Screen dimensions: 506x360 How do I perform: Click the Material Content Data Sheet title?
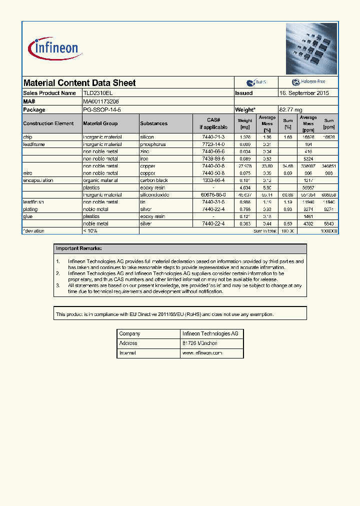tap(79, 83)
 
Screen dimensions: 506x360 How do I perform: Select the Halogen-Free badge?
tap(307, 82)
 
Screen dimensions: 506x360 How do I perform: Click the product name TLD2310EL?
tap(101, 93)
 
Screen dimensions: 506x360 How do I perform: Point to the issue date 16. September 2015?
tap(303, 93)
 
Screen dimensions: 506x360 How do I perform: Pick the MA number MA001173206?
tap(101, 101)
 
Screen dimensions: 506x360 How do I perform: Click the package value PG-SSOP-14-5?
tap(102, 109)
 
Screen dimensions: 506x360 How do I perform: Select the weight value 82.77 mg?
tap(290, 109)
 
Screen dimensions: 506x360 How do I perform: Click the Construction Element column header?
tap(48, 123)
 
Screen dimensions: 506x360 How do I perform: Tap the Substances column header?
tap(154, 123)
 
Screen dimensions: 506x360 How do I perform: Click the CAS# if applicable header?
tap(213, 123)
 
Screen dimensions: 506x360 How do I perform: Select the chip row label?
tap(28, 136)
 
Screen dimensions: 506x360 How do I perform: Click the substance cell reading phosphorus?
tap(152, 144)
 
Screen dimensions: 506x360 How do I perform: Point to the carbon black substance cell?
tap(153, 180)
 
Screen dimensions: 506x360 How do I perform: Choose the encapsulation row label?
tap(38, 180)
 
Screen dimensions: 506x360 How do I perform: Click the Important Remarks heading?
tap(79, 248)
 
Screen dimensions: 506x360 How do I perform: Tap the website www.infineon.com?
tap(202, 353)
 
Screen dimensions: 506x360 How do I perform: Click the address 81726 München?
tap(199, 343)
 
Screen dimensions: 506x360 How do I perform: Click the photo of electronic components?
tap(311, 48)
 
